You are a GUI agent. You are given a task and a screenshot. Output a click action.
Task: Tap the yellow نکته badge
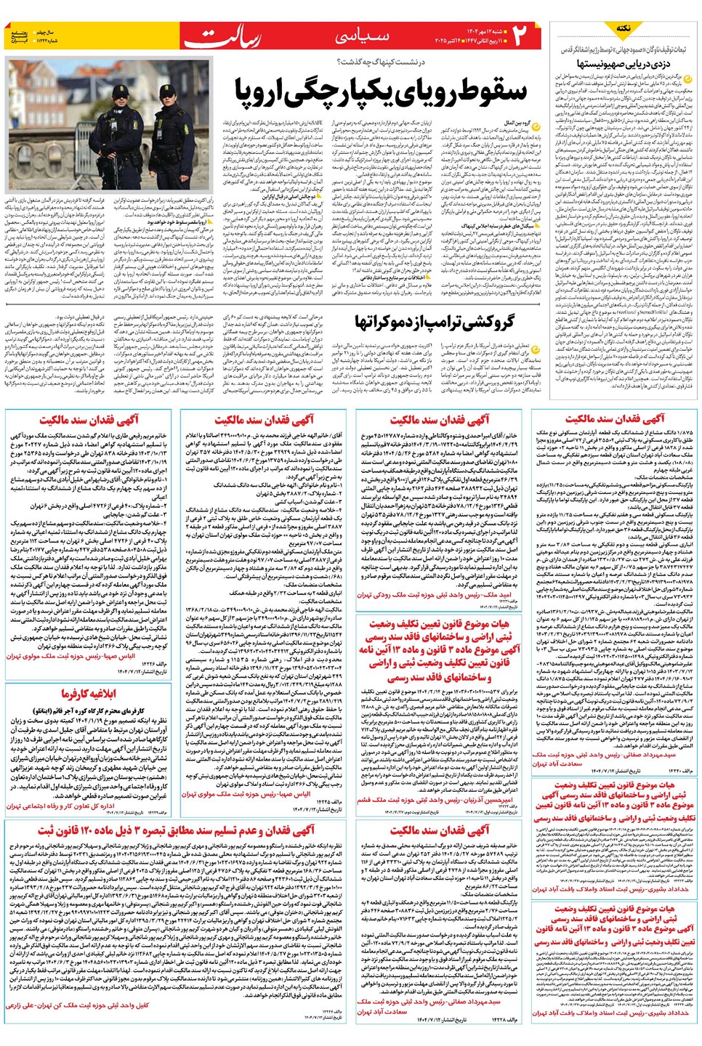pos(623,28)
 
